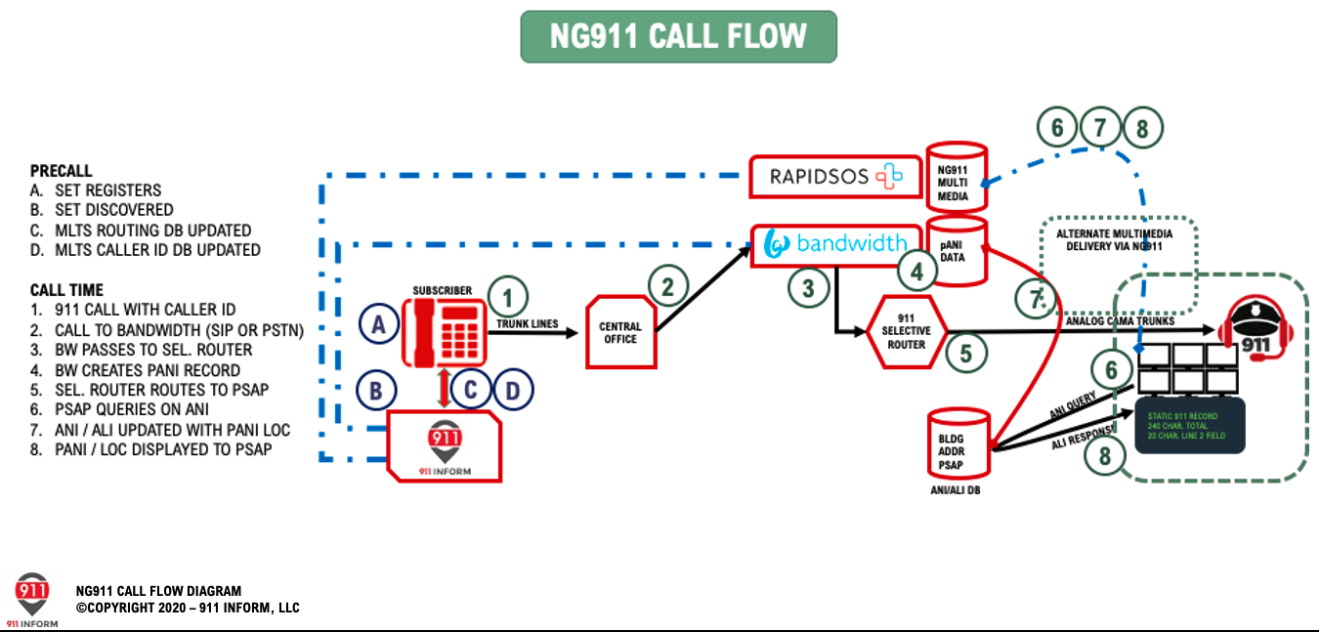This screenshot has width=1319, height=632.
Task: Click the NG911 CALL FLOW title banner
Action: coord(678,37)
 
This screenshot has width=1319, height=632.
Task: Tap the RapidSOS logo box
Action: coord(835,176)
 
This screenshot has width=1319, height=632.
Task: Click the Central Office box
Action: coord(620,332)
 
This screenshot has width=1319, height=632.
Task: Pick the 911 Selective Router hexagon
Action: coord(906,331)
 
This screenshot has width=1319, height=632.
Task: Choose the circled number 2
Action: coord(668,287)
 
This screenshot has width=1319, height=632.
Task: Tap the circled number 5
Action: coord(966,352)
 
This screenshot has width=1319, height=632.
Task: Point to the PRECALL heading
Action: coord(61,170)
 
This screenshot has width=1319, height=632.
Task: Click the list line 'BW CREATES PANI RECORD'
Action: coord(148,370)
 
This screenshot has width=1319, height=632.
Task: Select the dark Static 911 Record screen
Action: coord(1189,425)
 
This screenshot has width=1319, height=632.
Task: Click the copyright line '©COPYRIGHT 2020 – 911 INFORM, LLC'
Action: coord(188,608)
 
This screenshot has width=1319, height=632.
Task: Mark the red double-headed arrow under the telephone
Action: coord(446,388)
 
